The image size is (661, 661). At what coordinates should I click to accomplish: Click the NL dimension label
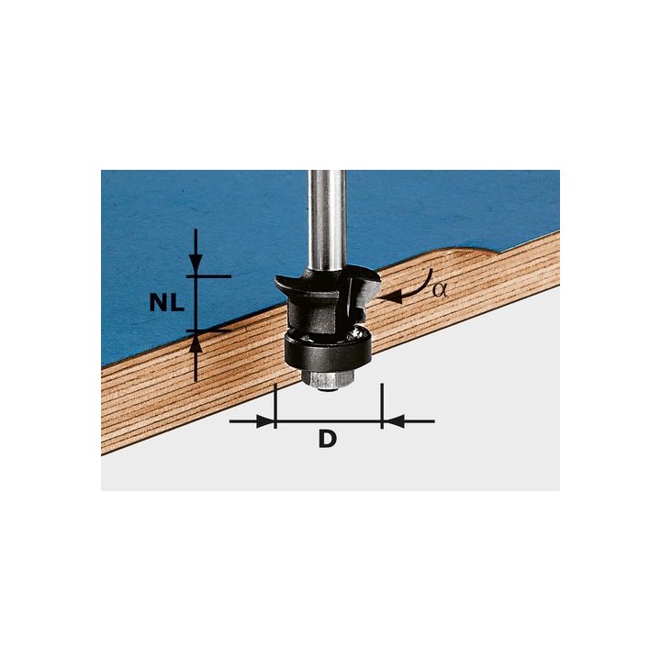tap(166, 302)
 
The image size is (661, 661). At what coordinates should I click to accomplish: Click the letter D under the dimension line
tap(327, 439)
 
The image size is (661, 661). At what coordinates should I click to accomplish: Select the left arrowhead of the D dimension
tap(265, 421)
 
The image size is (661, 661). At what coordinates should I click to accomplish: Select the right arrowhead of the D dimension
tap(390, 421)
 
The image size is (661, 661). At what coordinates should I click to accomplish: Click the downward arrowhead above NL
tap(195, 265)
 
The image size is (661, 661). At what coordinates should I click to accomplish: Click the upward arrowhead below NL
tap(195, 342)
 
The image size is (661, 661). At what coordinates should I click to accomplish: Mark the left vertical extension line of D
tap(274, 404)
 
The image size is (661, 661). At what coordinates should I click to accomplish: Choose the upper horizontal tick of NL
tap(209, 275)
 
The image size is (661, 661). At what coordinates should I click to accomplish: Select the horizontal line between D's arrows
tap(328, 421)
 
